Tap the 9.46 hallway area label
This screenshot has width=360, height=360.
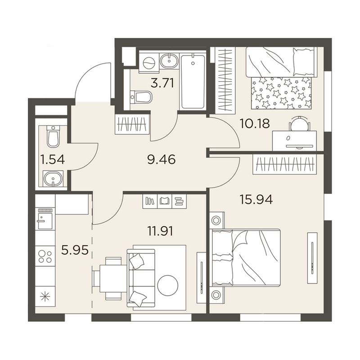pyautogui.click(x=162, y=159)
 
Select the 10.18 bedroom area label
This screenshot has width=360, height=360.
pyautogui.click(x=255, y=123)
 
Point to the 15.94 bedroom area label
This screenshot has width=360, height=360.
pyautogui.click(x=256, y=199)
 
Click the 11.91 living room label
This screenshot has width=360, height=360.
pyautogui.click(x=160, y=231)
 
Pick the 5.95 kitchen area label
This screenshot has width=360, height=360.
pyautogui.click(x=75, y=250)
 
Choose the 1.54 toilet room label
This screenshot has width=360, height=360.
pyautogui.click(x=52, y=159)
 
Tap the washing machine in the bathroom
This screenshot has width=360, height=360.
pyautogui.click(x=149, y=62)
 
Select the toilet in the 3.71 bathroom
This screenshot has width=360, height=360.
pyautogui.click(x=141, y=97)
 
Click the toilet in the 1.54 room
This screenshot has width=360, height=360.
pyautogui.click(x=53, y=136)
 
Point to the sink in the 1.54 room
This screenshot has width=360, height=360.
pyautogui.click(x=53, y=178)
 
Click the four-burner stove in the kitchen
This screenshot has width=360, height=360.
pyautogui.click(x=45, y=256)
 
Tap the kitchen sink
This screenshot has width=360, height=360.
pyautogui.click(x=45, y=219)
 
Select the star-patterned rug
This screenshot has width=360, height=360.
pyautogui.click(x=281, y=93)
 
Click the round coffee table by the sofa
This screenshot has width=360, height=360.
pyautogui.click(x=168, y=285)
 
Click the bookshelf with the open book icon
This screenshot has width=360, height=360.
pyautogui.click(x=164, y=201)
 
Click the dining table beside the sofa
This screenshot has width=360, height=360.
pyautogui.click(x=113, y=279)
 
